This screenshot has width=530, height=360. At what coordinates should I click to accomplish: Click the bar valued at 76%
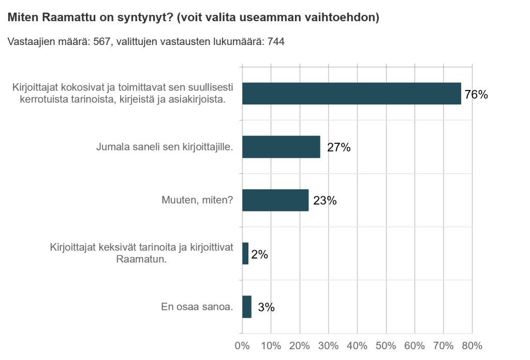(351, 94)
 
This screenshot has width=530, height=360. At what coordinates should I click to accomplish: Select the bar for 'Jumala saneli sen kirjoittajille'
(281, 147)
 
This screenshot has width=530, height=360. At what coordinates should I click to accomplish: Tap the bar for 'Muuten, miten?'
(275, 200)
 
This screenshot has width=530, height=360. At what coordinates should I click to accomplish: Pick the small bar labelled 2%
(245, 253)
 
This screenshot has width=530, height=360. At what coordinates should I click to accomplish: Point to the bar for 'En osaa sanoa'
(247, 307)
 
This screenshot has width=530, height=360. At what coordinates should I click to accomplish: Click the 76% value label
(476, 94)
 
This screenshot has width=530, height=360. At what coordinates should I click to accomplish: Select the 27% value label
(339, 147)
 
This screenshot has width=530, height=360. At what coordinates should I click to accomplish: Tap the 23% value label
(325, 201)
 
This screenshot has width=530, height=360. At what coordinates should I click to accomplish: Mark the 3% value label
(266, 307)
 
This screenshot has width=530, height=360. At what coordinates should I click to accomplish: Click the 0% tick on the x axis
(242, 346)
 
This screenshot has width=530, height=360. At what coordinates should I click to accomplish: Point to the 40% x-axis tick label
(357, 346)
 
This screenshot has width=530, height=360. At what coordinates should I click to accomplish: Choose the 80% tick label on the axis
(472, 346)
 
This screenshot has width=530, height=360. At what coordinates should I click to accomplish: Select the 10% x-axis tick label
(271, 346)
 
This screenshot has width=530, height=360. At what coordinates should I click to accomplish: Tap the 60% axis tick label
(414, 346)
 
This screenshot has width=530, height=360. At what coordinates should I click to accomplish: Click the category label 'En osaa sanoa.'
(197, 307)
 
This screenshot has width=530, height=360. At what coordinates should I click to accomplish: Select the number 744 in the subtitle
(276, 42)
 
